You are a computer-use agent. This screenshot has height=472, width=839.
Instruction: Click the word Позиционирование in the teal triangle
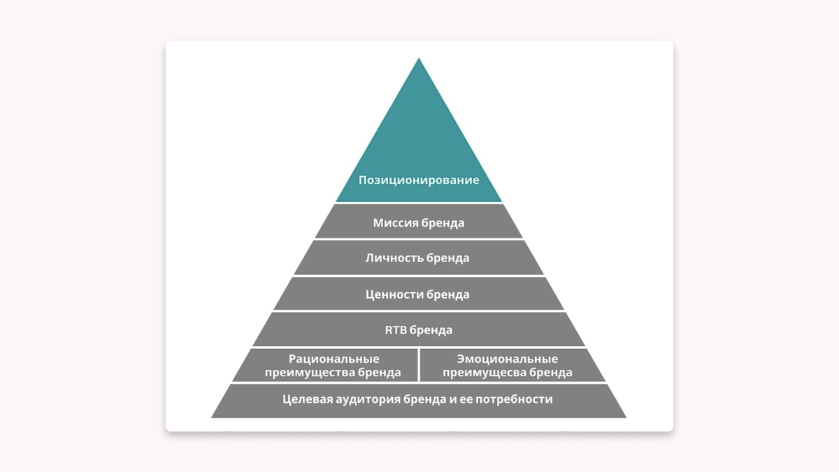click(x=419, y=180)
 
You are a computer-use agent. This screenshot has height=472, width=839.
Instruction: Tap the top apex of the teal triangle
click(x=419, y=59)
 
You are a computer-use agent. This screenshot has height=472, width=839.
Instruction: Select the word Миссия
click(x=395, y=224)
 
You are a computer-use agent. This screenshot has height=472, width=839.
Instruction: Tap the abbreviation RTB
click(x=396, y=330)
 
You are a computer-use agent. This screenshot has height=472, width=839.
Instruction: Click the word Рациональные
click(x=334, y=359)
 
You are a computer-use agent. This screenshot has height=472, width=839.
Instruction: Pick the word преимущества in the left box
click(x=308, y=373)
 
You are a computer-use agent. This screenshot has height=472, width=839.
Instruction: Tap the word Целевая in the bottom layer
click(x=306, y=400)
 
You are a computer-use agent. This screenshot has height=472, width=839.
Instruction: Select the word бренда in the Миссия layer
click(x=443, y=224)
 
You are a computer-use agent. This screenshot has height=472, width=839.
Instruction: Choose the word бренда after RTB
click(x=431, y=330)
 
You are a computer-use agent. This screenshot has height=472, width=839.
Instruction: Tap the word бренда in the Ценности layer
click(x=448, y=294)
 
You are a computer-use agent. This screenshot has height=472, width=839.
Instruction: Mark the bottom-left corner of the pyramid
click(x=213, y=417)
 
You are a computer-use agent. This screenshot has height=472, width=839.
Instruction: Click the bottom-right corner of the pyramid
click(x=625, y=417)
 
